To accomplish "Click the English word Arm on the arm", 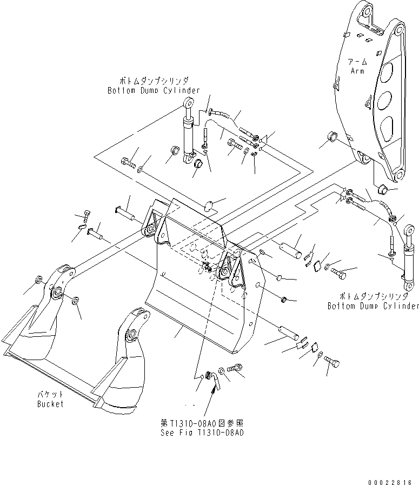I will coord(357,71).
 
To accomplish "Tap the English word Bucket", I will coord(50,404).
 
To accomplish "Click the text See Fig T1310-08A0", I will coord(202,433).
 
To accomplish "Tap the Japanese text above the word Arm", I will coord(357,62).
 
